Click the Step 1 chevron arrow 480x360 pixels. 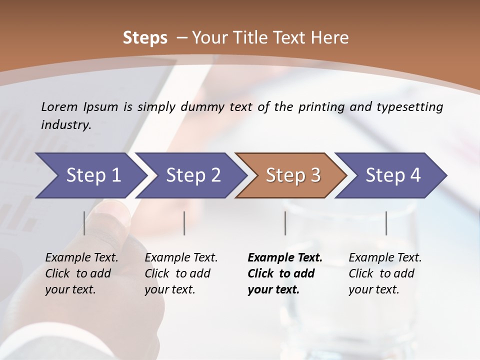pyautogui.click(x=90, y=175)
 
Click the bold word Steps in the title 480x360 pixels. pyautogui.click(x=145, y=37)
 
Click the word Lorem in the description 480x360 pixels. pyautogui.click(x=59, y=106)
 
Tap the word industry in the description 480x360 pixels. pyautogui.click(x=65, y=124)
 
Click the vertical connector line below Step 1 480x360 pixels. pyautogui.click(x=84, y=223)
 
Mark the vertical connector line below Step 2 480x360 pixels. pyautogui.click(x=184, y=223)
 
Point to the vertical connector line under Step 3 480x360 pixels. pyautogui.click(x=285, y=223)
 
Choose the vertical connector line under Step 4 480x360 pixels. pyautogui.click(x=386, y=223)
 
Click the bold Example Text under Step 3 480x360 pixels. pyautogui.click(x=285, y=258)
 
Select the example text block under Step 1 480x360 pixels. pyautogui.click(x=81, y=273)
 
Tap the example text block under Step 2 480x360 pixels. pyautogui.click(x=181, y=273)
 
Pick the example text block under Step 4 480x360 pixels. pyautogui.click(x=385, y=273)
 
